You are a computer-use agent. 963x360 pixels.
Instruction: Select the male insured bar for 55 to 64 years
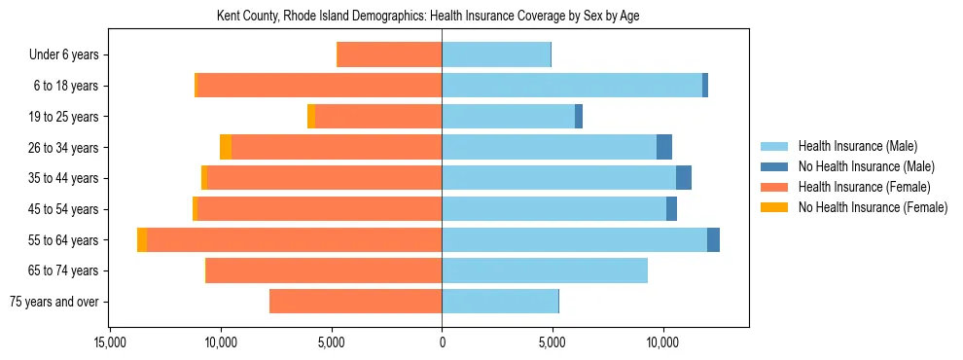point(574,240)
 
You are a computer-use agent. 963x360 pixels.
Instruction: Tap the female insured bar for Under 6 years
point(389,54)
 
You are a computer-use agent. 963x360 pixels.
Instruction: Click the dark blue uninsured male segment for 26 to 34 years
point(664,147)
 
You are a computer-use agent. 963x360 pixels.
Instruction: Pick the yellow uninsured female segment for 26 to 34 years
point(226,147)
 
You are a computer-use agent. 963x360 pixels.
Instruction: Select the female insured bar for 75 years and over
point(355,302)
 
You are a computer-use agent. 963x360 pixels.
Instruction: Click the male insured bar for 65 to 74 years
point(545,270)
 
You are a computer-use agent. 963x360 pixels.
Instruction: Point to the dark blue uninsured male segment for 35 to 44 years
point(684,178)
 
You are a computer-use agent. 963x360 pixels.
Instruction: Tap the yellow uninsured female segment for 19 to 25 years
point(311,117)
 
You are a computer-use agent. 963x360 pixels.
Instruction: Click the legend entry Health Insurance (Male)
point(857,146)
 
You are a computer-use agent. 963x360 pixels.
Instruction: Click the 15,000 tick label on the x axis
point(110,342)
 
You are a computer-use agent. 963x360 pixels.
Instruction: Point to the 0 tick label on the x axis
point(442,342)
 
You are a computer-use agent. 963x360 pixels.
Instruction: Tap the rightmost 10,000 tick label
point(663,342)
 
